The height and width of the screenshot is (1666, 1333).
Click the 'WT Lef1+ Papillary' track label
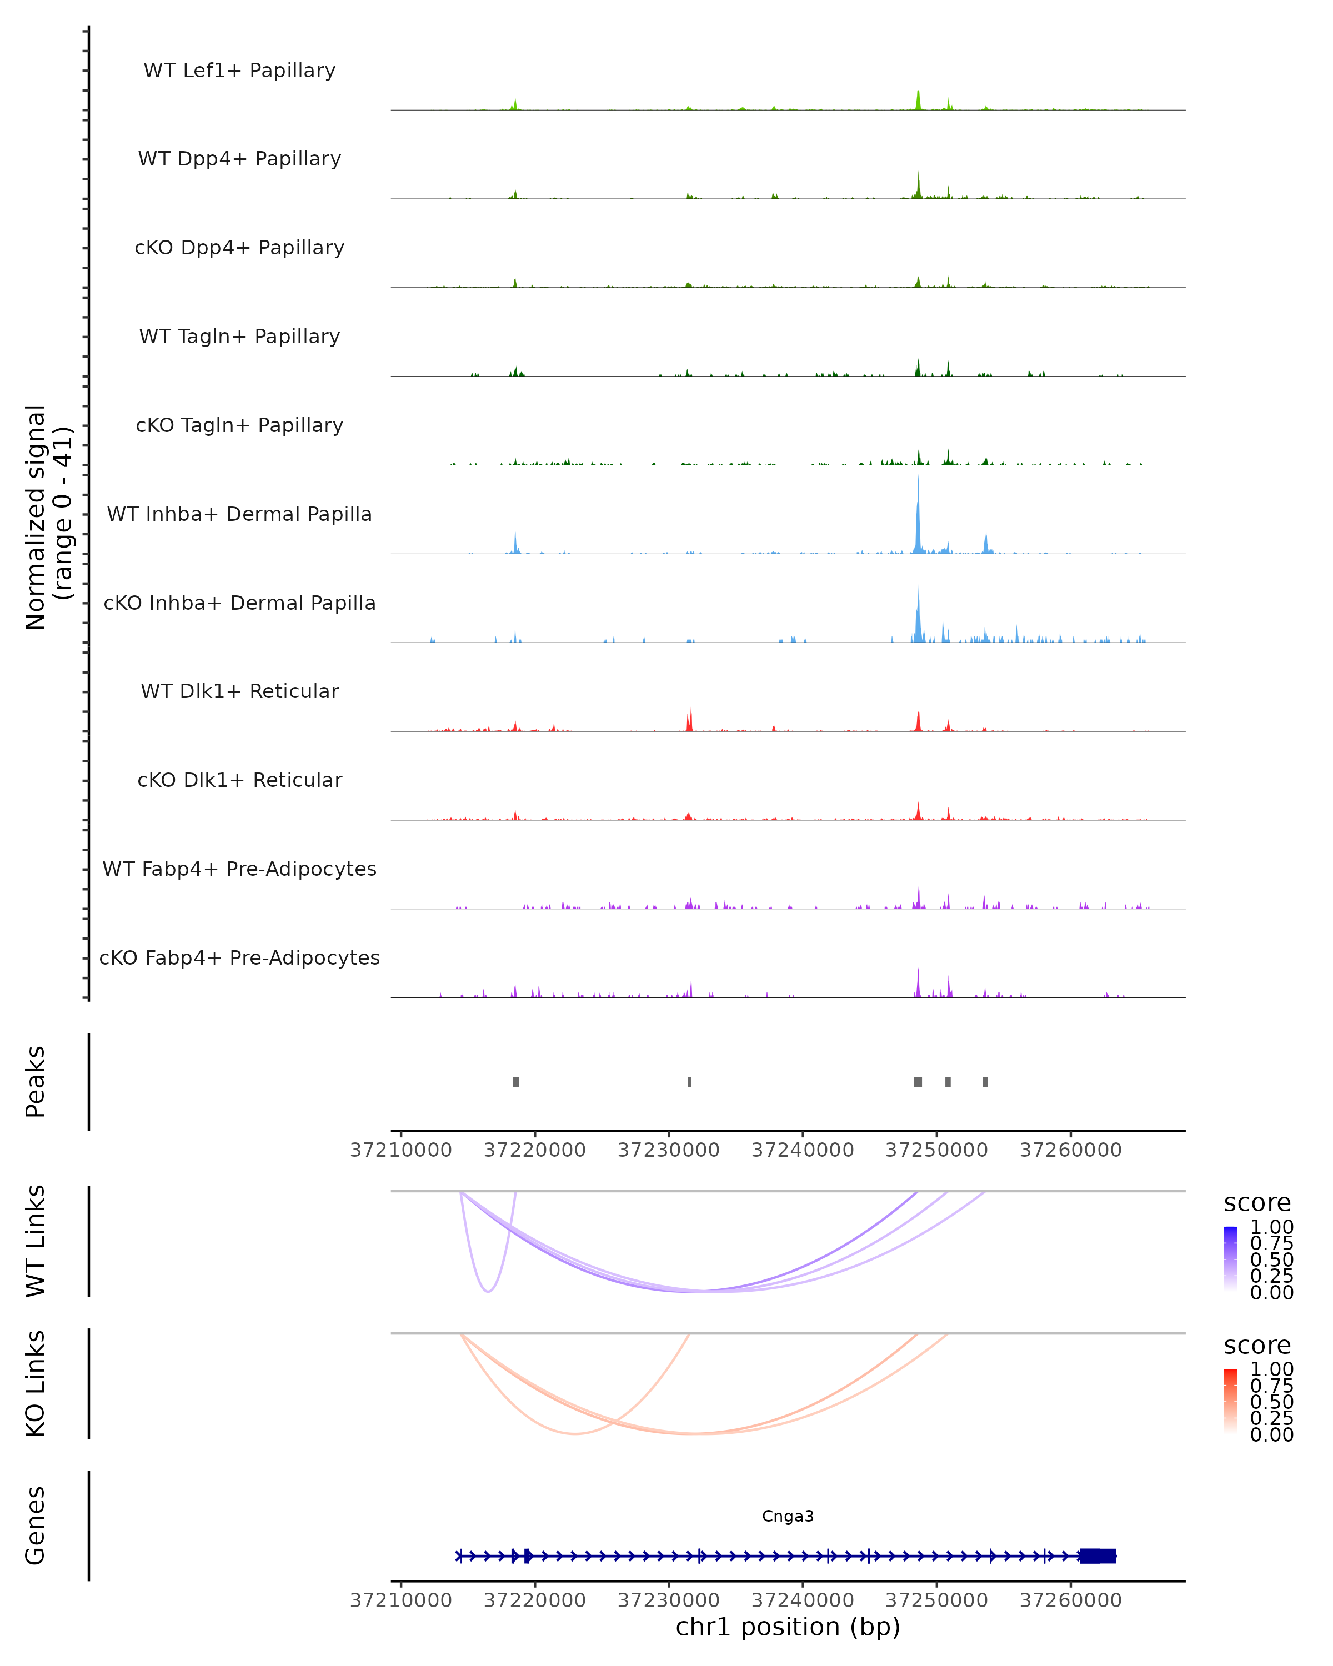[x=239, y=71]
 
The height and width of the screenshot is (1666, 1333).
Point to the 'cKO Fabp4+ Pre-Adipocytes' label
[x=239, y=957]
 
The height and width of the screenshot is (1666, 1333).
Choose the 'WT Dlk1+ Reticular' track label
[x=239, y=691]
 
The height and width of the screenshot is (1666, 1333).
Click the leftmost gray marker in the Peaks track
[x=515, y=1082]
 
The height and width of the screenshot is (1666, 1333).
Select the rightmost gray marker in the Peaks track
[x=985, y=1082]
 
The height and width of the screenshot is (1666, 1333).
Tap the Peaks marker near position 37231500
[x=689, y=1082]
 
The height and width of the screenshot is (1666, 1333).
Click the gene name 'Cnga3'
[x=788, y=1516]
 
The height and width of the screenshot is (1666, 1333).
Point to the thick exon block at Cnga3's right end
[x=1098, y=1556]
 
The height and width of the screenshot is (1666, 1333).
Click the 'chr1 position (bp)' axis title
[x=788, y=1627]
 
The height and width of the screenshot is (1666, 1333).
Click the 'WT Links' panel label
[x=36, y=1241]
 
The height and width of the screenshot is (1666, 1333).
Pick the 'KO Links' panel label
[x=36, y=1383]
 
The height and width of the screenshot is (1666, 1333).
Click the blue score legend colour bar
[x=1230, y=1259]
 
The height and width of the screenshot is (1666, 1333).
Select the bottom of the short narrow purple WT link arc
[x=488, y=1291]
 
